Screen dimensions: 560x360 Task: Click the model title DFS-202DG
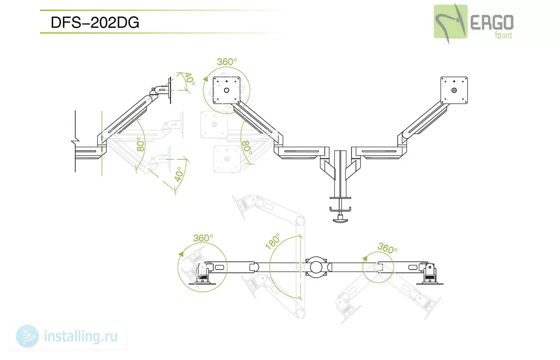click(95, 22)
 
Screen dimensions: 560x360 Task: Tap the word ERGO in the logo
click(492, 22)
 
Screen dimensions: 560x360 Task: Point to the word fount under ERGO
click(503, 35)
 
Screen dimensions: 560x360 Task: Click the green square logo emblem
click(450, 22)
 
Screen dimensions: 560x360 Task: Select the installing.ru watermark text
click(81, 336)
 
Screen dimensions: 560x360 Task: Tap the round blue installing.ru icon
click(27, 336)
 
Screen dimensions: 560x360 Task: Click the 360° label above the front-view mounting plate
click(227, 62)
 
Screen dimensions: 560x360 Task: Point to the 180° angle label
click(272, 241)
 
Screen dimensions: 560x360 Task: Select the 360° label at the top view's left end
click(203, 238)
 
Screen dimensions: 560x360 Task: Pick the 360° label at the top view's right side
click(387, 248)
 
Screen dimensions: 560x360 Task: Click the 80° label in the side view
click(141, 144)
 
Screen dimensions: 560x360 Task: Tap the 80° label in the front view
click(247, 148)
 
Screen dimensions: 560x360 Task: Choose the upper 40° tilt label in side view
click(190, 78)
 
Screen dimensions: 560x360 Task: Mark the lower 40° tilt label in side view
click(179, 174)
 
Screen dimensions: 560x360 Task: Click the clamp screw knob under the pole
click(340, 220)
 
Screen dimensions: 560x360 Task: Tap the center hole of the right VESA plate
click(454, 90)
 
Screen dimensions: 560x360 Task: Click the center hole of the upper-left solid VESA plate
click(226, 90)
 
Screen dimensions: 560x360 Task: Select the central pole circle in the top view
click(316, 267)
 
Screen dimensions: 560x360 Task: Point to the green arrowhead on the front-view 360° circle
click(206, 79)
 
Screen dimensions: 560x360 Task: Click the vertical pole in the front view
click(340, 174)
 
